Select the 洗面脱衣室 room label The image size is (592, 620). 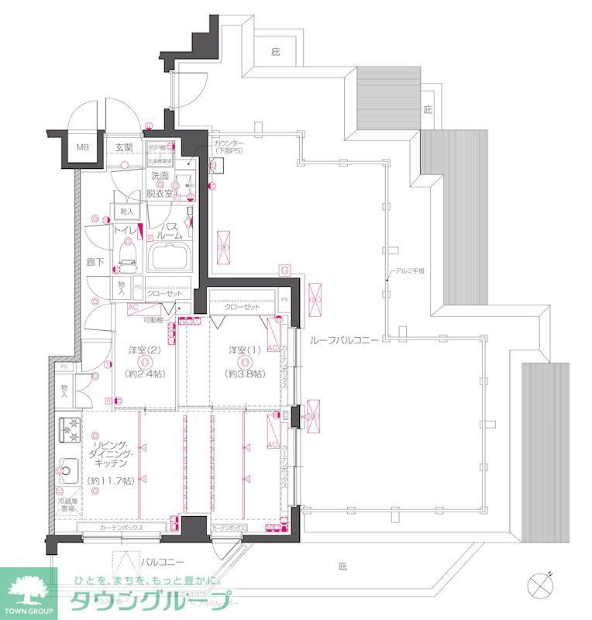coord(162,184)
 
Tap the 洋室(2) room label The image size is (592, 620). coord(143,351)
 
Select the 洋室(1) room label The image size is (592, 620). coord(243,351)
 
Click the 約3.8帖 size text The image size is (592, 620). coord(243,374)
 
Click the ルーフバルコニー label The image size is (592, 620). coord(342,340)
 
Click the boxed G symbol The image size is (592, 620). coord(284,270)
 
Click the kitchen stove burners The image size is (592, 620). coord(69,428)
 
